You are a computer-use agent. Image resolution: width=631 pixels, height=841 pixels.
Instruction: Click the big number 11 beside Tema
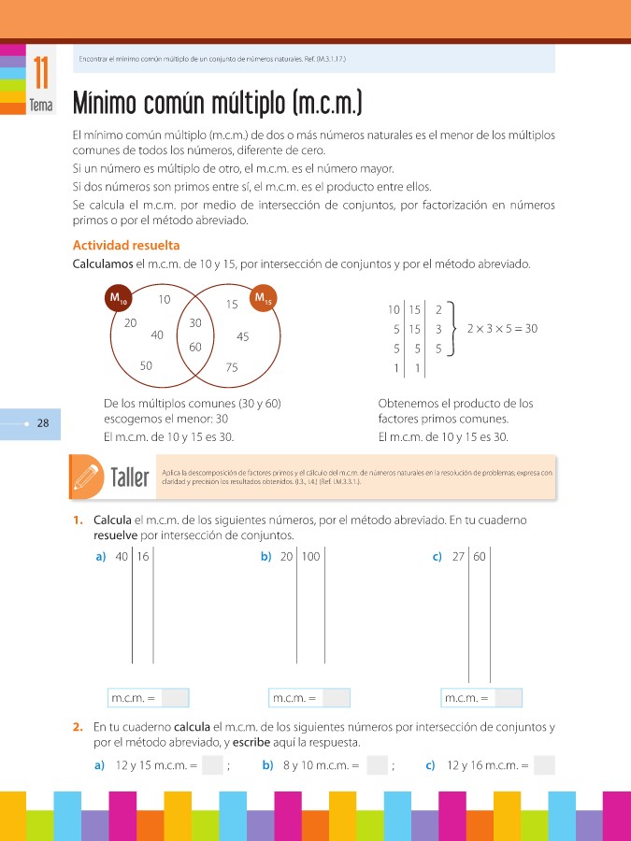coord(41,73)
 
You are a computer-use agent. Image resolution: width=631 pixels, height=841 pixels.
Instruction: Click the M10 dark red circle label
coord(118,299)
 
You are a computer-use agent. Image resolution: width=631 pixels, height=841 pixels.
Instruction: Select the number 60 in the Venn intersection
coord(195,347)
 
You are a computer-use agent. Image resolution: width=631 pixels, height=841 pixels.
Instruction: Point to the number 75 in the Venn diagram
coord(232,368)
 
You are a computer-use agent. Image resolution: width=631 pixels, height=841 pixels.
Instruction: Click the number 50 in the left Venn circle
coord(146,366)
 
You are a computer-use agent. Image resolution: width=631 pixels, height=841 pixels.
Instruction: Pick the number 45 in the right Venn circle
coord(242,336)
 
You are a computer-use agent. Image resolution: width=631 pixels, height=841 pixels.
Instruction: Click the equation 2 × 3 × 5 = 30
coord(502,329)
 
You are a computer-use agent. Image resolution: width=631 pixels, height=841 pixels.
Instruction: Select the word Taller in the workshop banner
coord(130,478)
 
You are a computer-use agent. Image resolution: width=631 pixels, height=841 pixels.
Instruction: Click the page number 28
coord(43,423)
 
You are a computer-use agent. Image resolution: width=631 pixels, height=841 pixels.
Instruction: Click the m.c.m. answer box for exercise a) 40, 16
coord(175,698)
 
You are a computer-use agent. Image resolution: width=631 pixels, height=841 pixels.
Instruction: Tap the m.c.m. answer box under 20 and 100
coord(336,698)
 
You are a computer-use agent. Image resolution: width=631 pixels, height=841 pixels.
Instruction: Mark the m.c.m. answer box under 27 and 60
coord(509,698)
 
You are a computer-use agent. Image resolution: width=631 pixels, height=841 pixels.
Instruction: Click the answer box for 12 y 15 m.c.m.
coord(212,766)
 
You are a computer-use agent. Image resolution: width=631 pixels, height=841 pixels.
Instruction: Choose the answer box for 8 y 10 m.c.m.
coord(377,766)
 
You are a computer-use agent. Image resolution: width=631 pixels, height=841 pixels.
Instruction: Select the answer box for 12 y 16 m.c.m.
coord(544,766)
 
